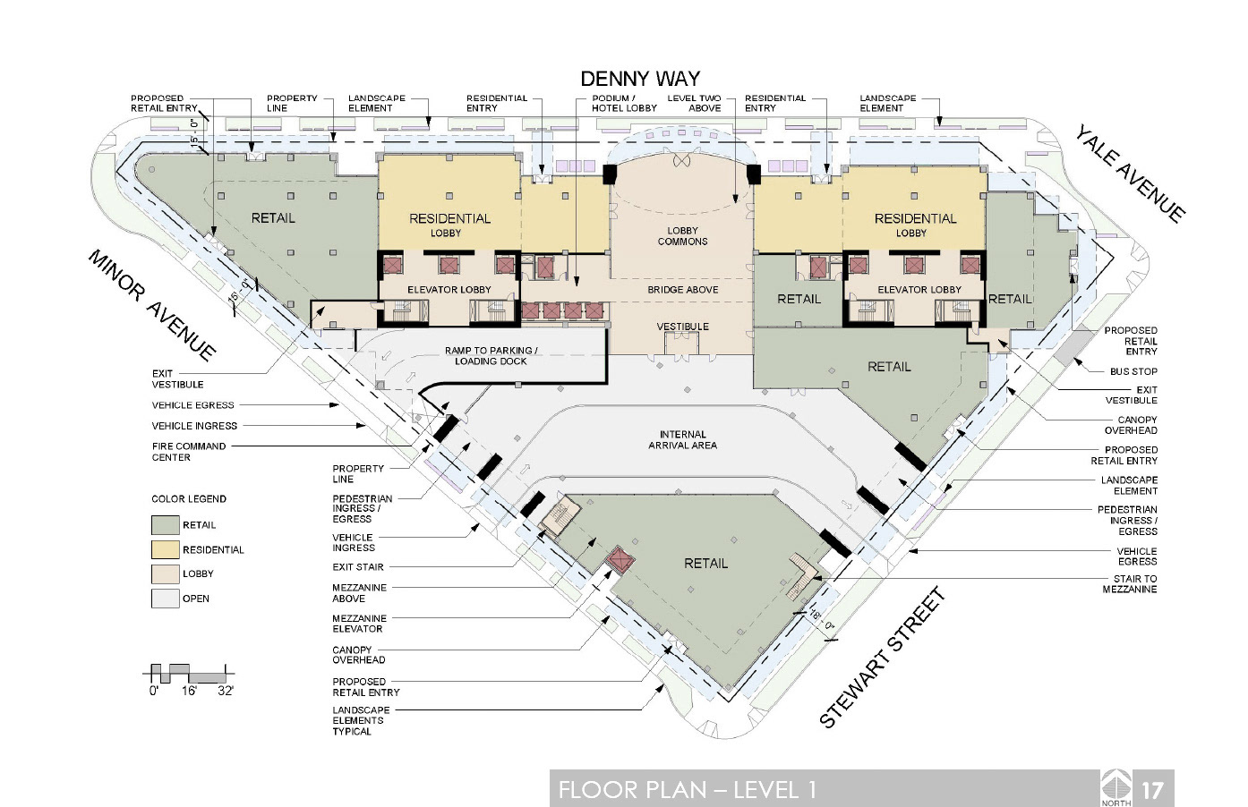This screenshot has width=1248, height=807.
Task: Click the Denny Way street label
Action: (640, 79)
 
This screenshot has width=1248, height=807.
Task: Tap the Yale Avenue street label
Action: (1129, 174)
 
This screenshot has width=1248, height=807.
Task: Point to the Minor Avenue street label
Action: (152, 306)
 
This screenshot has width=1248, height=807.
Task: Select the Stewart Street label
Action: (882, 658)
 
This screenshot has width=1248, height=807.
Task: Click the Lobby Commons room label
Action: (682, 236)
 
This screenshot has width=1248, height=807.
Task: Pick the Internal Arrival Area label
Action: (682, 439)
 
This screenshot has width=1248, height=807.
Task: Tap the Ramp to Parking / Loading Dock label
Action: (491, 356)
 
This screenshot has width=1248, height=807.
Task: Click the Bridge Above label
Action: (682, 290)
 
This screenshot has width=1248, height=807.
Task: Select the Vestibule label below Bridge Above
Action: (682, 327)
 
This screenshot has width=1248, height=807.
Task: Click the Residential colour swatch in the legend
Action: (166, 549)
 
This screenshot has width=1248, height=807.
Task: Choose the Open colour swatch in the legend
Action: (166, 599)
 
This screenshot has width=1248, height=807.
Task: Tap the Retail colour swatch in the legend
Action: (166, 525)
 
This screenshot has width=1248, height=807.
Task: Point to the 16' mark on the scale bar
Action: (189, 691)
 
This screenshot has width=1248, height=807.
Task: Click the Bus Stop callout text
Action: (1133, 371)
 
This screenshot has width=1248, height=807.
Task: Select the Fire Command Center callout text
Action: (189, 452)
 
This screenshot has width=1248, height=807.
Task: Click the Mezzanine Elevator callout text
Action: (359, 624)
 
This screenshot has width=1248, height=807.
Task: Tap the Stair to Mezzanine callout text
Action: (1130, 583)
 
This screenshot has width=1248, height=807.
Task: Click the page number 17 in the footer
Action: (1153, 790)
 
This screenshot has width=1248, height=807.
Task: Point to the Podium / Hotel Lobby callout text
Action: (624, 103)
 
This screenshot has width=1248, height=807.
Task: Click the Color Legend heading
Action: (189, 499)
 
